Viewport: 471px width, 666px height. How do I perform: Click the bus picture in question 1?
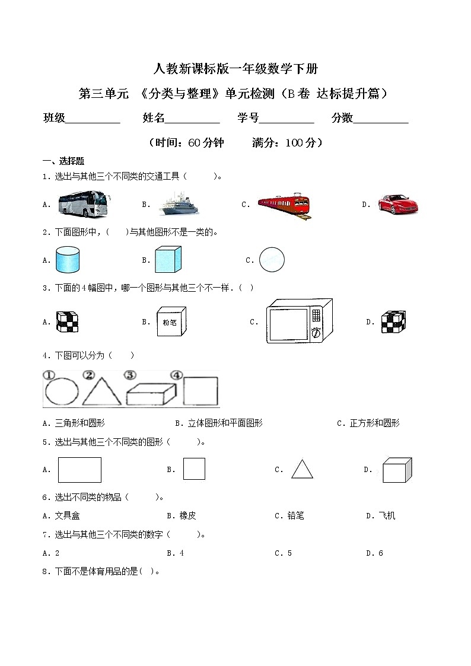(x=82, y=204)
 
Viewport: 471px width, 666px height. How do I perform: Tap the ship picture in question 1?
(x=180, y=205)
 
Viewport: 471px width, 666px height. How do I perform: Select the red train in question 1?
(x=284, y=205)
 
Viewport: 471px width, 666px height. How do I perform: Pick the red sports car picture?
(x=398, y=204)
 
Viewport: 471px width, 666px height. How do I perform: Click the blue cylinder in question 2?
(x=67, y=260)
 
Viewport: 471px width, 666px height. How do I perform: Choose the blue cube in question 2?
(x=168, y=259)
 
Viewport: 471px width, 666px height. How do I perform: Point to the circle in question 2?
(x=272, y=259)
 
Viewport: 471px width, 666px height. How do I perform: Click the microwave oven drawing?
(x=299, y=320)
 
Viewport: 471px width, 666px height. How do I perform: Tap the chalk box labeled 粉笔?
(x=171, y=322)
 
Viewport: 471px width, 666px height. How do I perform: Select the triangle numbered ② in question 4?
(x=101, y=391)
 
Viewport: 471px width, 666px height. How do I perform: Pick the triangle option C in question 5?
(x=302, y=469)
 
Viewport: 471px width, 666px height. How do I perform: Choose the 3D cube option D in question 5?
(x=396, y=470)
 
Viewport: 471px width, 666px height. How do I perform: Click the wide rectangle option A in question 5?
(x=79, y=470)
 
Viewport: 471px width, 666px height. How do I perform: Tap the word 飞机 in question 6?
(x=386, y=516)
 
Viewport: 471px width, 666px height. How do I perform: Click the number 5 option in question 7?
(x=289, y=553)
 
